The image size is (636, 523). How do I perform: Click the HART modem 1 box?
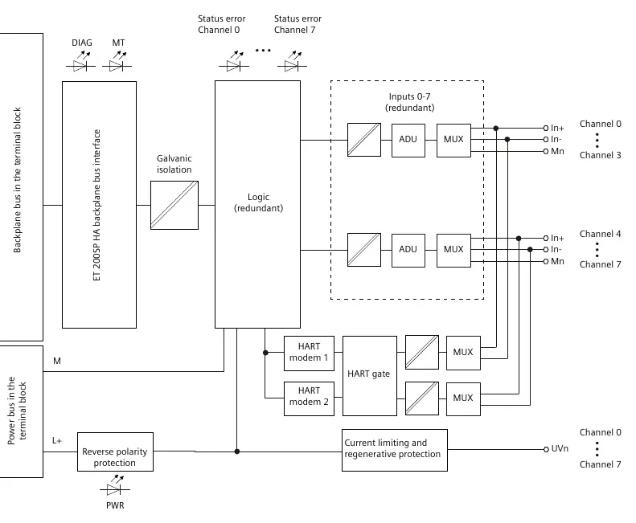pos(309,353)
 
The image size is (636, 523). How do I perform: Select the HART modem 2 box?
pos(309,398)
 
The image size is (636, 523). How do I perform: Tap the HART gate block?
pos(370,375)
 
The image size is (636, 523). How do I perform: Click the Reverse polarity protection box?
pos(115,451)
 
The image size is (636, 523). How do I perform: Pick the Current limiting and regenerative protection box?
pos(394,450)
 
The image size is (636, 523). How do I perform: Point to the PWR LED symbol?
pos(115,486)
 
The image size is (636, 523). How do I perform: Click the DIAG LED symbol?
pos(80,62)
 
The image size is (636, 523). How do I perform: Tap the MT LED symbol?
pos(117,62)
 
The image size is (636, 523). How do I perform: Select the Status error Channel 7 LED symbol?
pos(292,62)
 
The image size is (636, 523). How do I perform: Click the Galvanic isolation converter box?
pos(174,205)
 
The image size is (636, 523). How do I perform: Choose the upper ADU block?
pos(408,141)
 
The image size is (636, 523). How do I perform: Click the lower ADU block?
pos(408,250)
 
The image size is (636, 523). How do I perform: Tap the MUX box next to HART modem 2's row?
pos(463,398)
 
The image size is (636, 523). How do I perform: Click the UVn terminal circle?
pos(546,449)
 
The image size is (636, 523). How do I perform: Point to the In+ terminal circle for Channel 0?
pos(546,128)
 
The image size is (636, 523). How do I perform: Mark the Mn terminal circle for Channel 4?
pos(546,262)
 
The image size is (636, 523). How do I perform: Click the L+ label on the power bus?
pos(57,441)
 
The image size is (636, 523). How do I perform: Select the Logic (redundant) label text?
pos(258,202)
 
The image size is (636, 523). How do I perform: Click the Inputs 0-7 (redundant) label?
pos(409,102)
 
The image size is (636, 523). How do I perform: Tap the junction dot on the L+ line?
pos(237,451)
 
